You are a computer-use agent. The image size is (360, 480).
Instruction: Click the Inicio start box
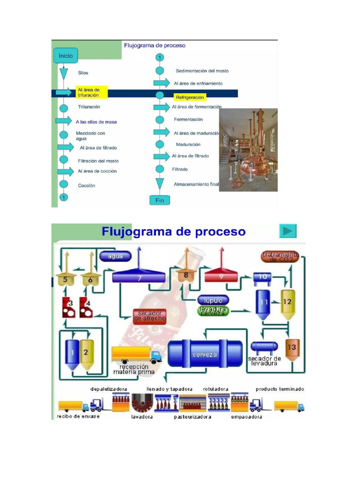[x=66, y=55]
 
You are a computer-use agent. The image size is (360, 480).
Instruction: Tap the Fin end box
[x=159, y=200]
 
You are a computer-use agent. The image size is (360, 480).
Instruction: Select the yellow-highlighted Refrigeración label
[x=190, y=97]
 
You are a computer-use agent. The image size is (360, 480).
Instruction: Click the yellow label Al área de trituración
[x=91, y=92]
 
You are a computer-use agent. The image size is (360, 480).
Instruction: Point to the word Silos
[x=83, y=73]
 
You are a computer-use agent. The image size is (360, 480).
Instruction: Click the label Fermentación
[x=188, y=120]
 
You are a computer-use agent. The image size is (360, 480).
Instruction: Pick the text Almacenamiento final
[x=196, y=184]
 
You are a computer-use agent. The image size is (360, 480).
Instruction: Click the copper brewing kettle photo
[x=248, y=150]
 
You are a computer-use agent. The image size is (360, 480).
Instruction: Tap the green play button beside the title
[x=288, y=231]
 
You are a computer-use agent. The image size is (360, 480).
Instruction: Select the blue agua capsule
[x=115, y=256]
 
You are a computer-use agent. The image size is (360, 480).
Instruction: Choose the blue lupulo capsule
[x=213, y=300]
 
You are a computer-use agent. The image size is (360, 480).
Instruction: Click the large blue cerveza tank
[x=205, y=354]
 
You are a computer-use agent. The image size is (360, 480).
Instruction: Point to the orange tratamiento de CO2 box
[x=280, y=257]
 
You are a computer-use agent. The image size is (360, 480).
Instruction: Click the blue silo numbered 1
[x=73, y=352]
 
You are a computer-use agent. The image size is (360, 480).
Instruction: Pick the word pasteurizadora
[x=193, y=416]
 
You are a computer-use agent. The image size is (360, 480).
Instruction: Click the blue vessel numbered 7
[x=139, y=277]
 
